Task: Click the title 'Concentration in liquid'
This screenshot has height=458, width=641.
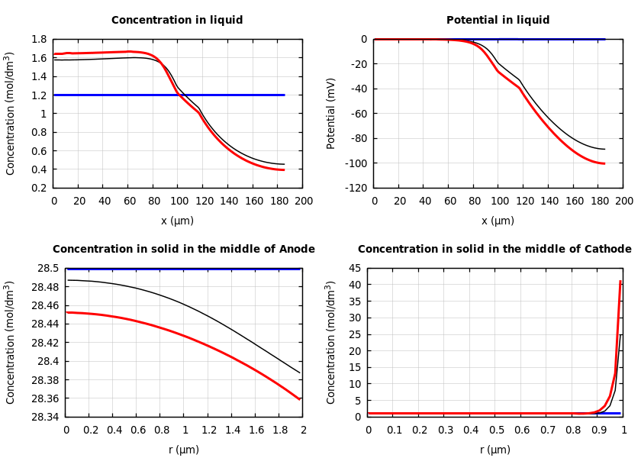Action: [177, 21]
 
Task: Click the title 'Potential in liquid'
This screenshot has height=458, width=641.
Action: [498, 21]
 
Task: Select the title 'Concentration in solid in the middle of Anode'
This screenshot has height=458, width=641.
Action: [183, 250]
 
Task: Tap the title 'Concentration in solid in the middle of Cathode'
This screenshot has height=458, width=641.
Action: [494, 250]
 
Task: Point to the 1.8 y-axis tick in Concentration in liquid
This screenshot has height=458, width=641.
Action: [38, 40]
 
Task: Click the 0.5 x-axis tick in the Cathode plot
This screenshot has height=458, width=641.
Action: [496, 431]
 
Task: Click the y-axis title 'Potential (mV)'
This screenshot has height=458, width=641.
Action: [331, 113]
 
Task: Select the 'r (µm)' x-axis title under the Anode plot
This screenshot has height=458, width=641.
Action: [184, 450]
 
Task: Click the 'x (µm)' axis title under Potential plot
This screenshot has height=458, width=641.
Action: [498, 221]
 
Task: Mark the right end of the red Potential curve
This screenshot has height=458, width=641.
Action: [604, 163]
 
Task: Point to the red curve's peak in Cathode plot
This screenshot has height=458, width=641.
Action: [620, 282]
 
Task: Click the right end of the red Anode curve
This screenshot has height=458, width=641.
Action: [300, 399]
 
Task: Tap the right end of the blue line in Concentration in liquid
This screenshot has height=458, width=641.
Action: [285, 95]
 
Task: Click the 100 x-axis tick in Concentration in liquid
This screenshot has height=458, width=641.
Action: [179, 202]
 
